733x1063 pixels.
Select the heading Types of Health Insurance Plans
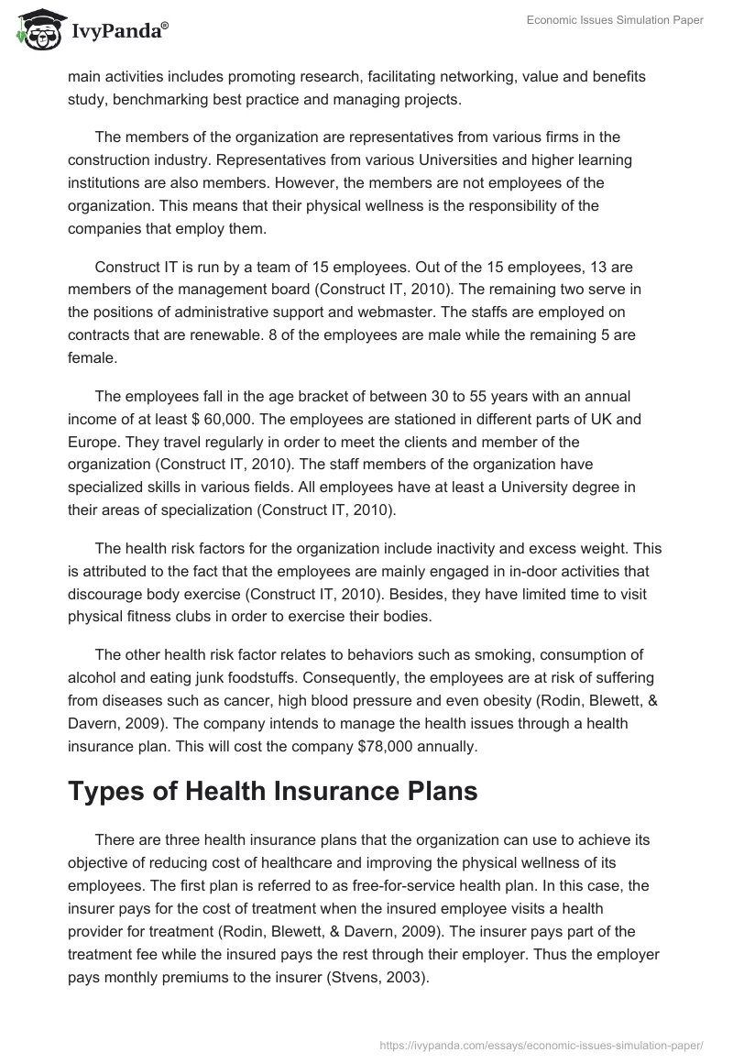(272, 791)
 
